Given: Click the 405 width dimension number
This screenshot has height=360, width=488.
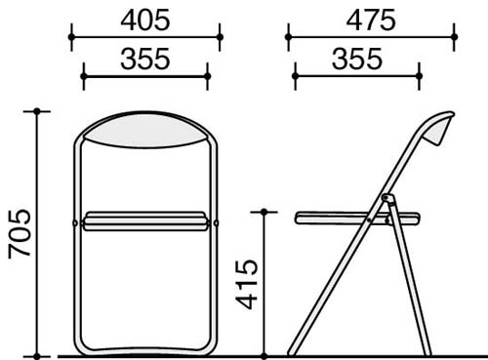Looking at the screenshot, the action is coord(145,20).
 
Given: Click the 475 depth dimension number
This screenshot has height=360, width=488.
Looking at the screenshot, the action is coord(371,20).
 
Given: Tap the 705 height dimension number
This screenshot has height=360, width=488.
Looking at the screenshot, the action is coord(20,234).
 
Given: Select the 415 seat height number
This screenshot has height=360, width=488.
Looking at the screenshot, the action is coord(247,284).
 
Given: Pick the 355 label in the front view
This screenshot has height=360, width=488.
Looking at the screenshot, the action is coord(145,60).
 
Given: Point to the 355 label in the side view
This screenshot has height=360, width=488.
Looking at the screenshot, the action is coord(357,60).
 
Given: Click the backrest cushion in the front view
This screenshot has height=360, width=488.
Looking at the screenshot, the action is coord(145,131).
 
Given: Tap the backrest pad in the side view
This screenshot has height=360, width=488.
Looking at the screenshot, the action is coord(439,130).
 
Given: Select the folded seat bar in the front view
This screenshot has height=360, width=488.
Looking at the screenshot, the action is coord(145,221).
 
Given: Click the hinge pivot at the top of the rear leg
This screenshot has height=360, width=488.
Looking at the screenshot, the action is coord(386,197).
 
